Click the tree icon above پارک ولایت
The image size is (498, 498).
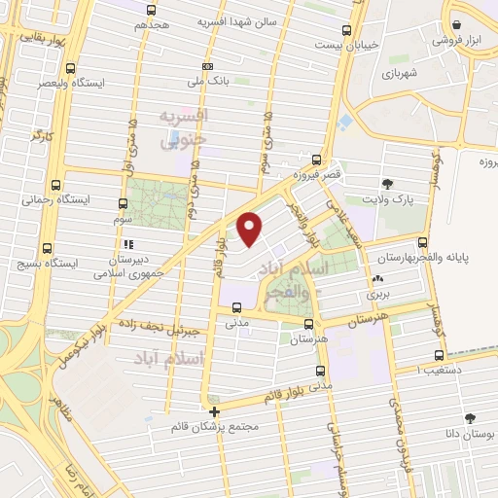[x=389, y=182]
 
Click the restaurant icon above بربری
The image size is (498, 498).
[x=376, y=279]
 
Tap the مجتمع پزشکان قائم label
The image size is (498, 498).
[x=213, y=426]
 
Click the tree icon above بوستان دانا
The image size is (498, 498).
[x=471, y=417]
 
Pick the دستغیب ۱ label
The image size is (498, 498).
[x=444, y=371]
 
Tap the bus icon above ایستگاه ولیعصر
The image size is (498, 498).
[x=70, y=68]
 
